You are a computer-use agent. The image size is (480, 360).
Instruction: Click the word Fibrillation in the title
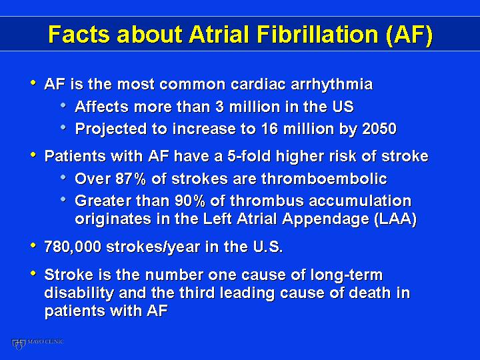318,34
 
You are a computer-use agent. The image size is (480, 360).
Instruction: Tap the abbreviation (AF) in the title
409,35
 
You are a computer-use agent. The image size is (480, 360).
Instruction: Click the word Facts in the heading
79,34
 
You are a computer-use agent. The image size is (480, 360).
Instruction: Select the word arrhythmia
331,85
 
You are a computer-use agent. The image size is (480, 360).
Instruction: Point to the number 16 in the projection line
269,129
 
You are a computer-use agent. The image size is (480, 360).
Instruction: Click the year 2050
379,129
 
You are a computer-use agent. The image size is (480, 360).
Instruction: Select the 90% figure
190,201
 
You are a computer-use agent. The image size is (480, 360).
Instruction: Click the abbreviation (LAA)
395,219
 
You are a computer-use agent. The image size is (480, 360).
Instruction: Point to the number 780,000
73,247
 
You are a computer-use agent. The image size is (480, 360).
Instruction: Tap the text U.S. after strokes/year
268,247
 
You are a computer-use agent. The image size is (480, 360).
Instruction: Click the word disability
79,293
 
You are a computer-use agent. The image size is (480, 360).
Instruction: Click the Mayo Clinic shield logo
18,344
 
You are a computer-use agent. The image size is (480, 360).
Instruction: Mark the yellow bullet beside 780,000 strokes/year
33,245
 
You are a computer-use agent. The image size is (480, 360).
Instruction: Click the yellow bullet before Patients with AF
33,154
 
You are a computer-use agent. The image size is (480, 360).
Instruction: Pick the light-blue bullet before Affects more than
63,105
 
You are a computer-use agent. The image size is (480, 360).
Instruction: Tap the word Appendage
326,219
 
